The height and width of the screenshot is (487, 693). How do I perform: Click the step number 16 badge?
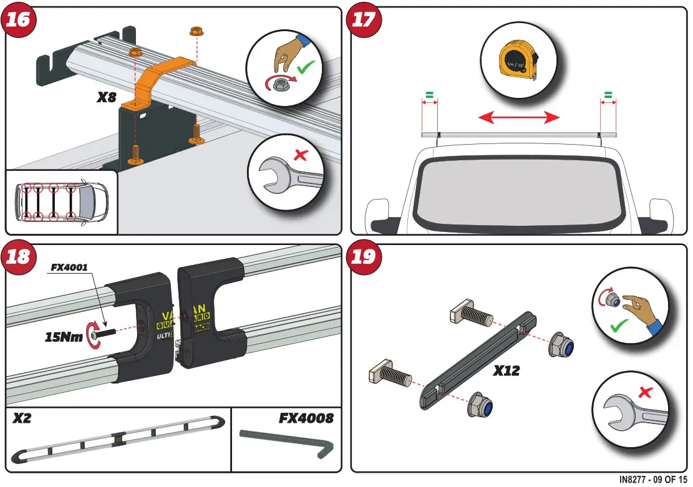pyautogui.click(x=18, y=19)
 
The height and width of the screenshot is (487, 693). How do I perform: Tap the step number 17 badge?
pyautogui.click(x=364, y=19)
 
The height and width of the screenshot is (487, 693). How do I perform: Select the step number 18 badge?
pyautogui.click(x=18, y=256)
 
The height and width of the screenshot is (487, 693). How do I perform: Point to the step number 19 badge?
pyautogui.click(x=364, y=256)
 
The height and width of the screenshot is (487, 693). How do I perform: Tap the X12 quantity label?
pyautogui.click(x=506, y=370)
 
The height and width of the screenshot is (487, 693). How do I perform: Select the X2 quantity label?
pyautogui.click(x=22, y=419)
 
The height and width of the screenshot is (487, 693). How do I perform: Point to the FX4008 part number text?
pyautogui.click(x=306, y=418)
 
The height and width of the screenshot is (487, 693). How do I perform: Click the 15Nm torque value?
pyautogui.click(x=64, y=337)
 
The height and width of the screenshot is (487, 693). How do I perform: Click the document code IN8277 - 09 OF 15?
pyautogui.click(x=652, y=480)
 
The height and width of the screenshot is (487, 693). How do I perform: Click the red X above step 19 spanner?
pyautogui.click(x=645, y=392)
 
